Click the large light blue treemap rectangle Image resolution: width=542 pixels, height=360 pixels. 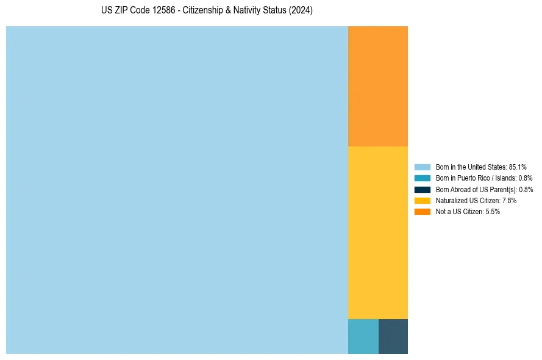point(177,190)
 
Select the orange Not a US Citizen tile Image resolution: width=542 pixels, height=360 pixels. point(377,86)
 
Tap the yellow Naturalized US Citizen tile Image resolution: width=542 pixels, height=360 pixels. point(377,232)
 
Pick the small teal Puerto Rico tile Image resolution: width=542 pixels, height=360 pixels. point(363,336)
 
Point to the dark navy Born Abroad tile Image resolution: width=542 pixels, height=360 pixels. point(393,336)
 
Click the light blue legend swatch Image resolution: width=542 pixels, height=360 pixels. point(422,167)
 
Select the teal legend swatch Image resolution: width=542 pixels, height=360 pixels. point(422,178)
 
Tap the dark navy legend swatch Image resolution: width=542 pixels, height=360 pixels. point(422,190)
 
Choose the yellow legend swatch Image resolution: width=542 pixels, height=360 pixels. point(422,201)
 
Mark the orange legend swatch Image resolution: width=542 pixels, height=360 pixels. point(422,212)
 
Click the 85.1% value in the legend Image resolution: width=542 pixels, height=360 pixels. point(517,167)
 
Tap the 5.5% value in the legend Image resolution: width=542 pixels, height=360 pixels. point(493,212)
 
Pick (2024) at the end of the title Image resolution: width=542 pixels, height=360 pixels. point(301,10)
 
